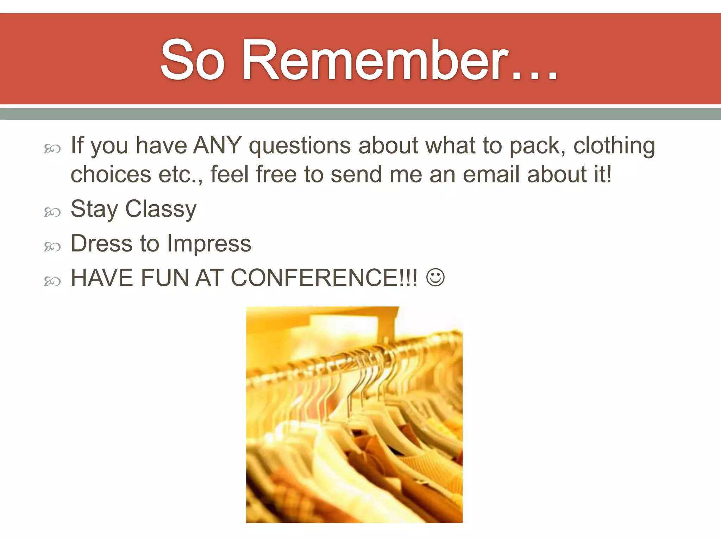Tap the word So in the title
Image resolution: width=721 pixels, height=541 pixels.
193,61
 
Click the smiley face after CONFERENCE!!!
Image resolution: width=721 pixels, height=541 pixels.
435,278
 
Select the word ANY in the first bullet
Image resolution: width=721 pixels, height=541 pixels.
218,145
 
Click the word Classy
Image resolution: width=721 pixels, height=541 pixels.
161,209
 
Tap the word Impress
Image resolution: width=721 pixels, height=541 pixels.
209,244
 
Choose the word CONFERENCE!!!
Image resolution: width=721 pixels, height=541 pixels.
324,278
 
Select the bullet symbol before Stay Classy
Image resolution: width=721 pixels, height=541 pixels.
52,212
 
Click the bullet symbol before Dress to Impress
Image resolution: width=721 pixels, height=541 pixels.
52,247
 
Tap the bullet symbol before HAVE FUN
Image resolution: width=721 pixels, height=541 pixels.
52,281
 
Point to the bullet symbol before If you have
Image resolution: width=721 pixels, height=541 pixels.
52,149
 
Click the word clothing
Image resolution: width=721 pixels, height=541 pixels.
614,146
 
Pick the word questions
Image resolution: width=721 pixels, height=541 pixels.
300,146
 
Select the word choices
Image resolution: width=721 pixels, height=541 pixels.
111,174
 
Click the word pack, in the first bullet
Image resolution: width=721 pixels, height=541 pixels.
537,146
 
